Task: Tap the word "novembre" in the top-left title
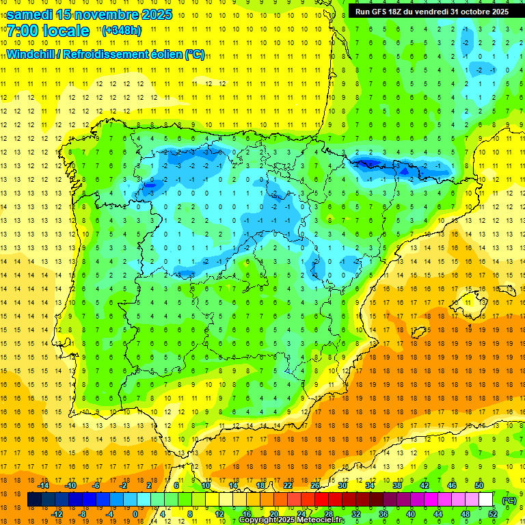108,14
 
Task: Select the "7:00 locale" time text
48,31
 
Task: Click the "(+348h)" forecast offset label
121,31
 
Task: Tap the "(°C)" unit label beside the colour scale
509,500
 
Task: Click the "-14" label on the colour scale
43,485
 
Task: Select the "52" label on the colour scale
493,514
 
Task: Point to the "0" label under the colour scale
136,514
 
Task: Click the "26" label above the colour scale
315,485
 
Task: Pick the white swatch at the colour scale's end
486,500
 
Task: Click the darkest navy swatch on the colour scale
34,500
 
